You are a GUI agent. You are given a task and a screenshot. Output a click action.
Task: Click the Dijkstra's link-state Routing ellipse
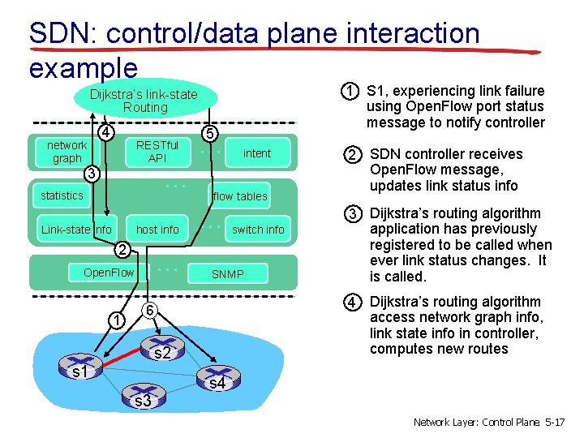click(144, 101)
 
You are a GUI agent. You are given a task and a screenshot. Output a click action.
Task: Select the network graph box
click(67, 152)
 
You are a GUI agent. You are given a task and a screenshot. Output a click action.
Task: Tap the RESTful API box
click(157, 152)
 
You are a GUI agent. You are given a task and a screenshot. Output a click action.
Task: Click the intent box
click(256, 153)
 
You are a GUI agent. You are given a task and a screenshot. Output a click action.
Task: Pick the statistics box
click(62, 195)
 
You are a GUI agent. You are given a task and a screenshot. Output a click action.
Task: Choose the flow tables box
click(239, 196)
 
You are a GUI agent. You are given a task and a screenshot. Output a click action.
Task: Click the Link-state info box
click(76, 230)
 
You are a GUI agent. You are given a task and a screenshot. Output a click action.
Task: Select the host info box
click(157, 230)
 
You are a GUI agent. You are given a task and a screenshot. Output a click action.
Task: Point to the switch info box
click(258, 230)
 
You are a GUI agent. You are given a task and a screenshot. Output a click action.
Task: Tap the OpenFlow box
click(109, 273)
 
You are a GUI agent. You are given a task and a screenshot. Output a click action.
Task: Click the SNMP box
click(227, 273)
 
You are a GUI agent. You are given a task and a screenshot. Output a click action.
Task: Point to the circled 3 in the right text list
click(351, 214)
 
